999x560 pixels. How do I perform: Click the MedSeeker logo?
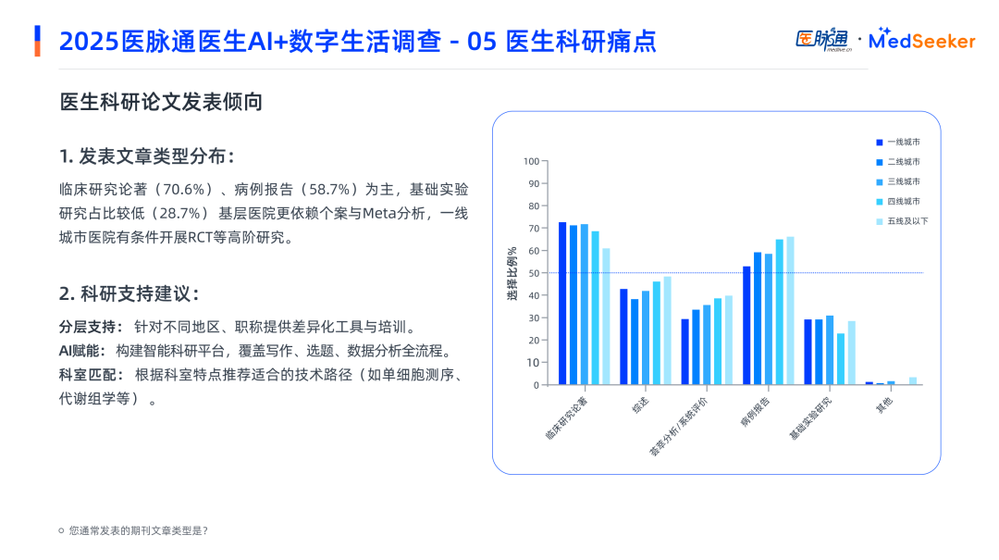[x=922, y=40]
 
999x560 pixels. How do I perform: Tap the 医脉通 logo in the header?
[x=821, y=40]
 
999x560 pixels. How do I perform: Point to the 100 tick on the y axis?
[x=531, y=161]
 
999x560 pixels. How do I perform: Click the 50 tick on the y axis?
[x=533, y=273]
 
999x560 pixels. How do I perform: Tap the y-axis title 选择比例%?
[x=512, y=273]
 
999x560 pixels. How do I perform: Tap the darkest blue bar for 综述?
[x=623, y=337]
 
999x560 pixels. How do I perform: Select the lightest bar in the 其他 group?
[x=913, y=380]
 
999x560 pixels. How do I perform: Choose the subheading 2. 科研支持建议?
[x=129, y=294]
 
